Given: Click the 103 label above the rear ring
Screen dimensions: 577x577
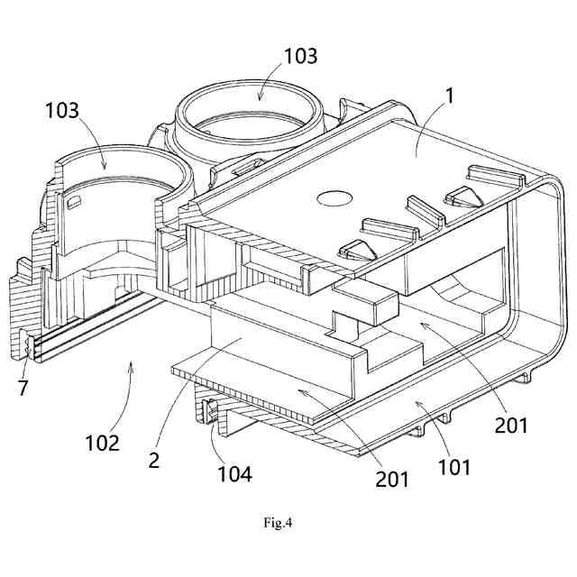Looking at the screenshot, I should click(x=300, y=56).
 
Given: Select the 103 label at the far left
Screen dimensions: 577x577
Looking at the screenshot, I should click(x=62, y=111).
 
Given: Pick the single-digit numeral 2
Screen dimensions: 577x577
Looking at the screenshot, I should click(x=154, y=459).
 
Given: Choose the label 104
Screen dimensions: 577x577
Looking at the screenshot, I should click(x=234, y=472).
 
